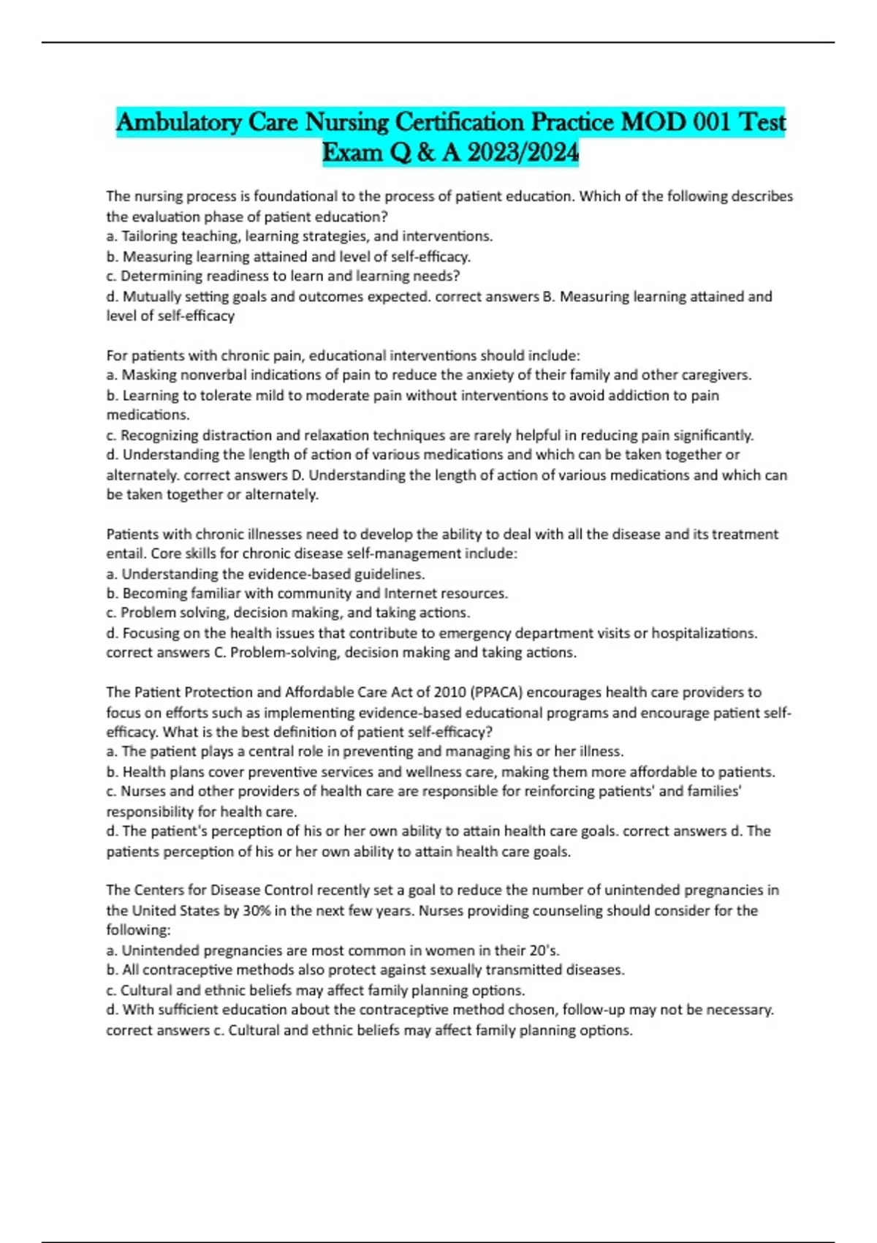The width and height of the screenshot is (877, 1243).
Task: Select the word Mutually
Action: click(151, 297)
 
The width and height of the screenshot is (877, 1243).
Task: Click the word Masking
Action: click(147, 375)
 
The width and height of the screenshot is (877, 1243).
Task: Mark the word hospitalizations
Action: click(705, 633)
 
